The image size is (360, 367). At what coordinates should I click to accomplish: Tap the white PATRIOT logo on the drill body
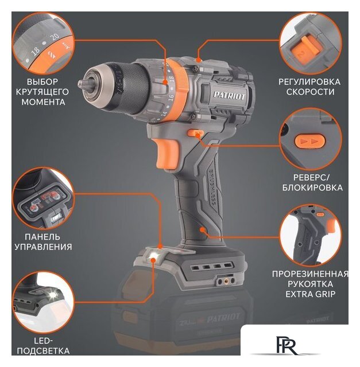(x=229, y=96)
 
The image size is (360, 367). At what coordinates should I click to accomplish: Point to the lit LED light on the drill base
(x=153, y=256)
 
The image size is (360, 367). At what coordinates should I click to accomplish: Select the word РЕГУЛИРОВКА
(x=309, y=82)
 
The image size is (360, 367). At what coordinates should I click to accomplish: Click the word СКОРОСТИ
(x=310, y=92)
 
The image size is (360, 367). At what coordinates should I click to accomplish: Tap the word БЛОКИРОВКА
(x=312, y=188)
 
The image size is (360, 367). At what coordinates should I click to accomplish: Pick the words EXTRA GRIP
(x=310, y=294)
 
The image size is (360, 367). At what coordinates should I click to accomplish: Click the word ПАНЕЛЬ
(x=42, y=237)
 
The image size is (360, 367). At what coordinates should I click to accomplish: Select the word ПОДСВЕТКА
(x=44, y=351)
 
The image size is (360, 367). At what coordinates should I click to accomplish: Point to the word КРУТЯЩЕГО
(x=42, y=92)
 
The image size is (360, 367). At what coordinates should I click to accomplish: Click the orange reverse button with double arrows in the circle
(x=310, y=140)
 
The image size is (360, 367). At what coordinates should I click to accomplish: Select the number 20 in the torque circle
(x=55, y=37)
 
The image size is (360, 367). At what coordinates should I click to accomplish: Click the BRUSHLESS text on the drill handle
(x=211, y=187)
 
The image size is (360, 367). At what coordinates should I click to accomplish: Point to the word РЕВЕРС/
(x=311, y=178)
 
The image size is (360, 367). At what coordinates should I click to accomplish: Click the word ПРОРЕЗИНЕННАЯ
(x=310, y=274)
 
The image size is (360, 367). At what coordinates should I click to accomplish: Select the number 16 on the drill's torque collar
(x=171, y=97)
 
